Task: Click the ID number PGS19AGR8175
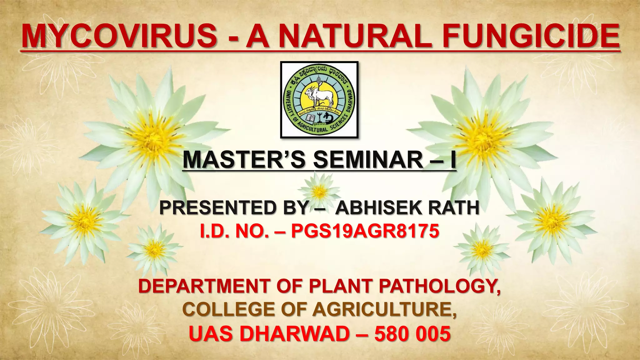365,232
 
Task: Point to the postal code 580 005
412,333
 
